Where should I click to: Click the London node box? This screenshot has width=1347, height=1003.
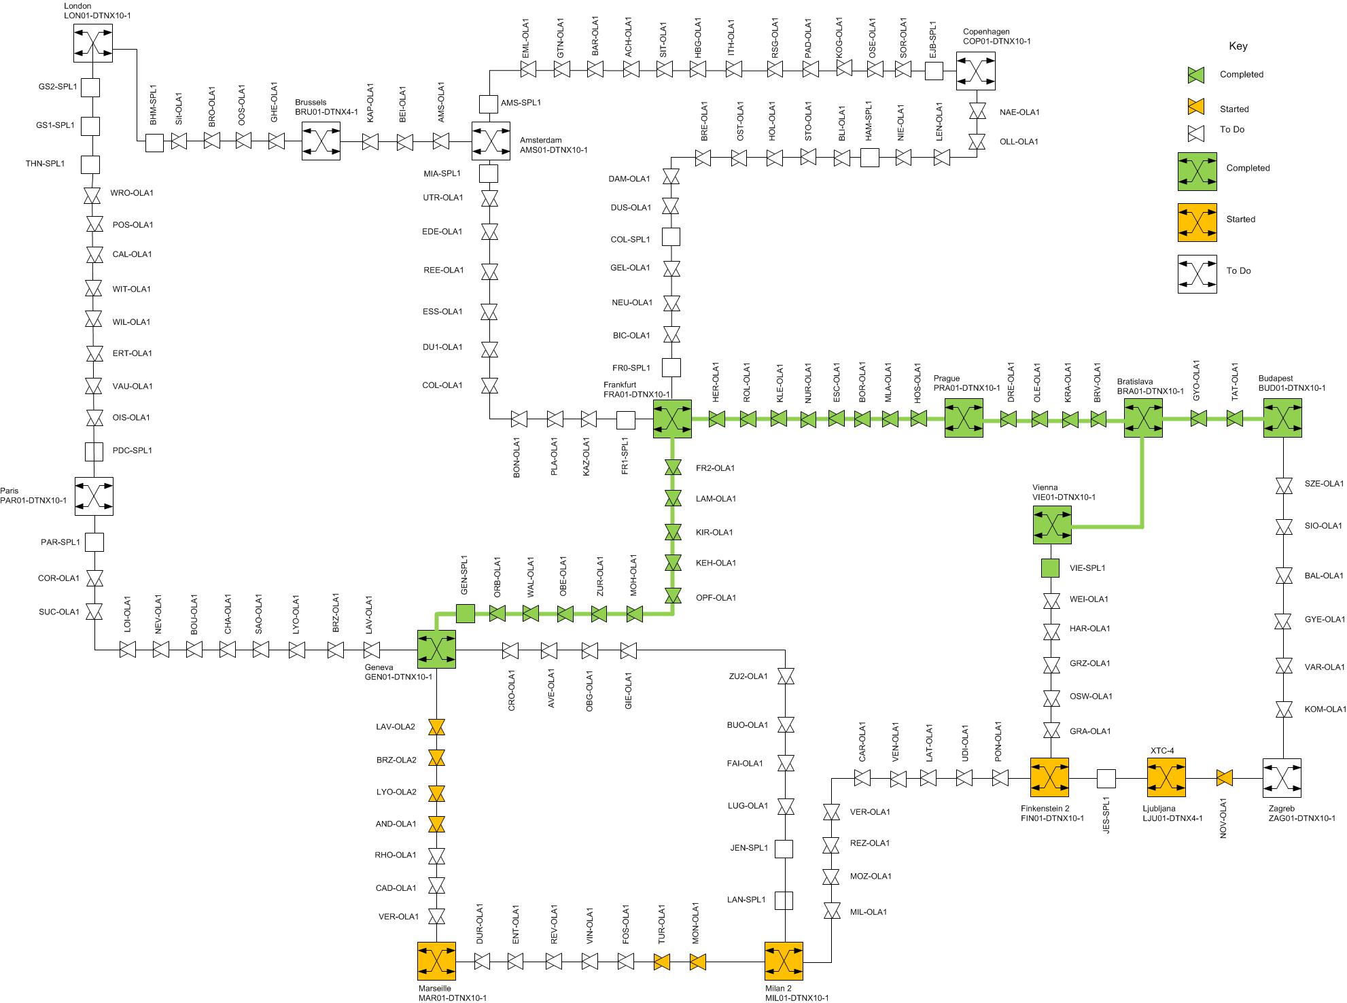point(93,43)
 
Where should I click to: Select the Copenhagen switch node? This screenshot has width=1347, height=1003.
point(976,71)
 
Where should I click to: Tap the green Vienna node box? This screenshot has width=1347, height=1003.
point(1052,525)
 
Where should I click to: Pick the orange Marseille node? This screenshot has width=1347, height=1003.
point(436,962)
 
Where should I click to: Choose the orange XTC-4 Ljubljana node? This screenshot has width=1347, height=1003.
point(1166,777)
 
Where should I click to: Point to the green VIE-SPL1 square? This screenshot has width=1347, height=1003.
point(1051,568)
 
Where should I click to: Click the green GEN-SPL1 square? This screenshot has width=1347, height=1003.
point(466,614)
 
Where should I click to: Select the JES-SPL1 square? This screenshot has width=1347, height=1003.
point(1106,778)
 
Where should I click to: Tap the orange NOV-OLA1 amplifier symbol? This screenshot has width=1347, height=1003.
point(1225,778)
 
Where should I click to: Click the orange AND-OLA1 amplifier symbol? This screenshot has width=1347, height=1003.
point(436,824)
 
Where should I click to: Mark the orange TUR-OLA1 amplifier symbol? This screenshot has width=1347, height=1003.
point(662,962)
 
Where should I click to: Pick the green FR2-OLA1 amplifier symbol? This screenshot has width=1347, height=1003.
point(673,468)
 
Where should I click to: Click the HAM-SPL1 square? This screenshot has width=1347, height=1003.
point(870,158)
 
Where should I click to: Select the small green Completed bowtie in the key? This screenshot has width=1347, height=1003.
point(1196,75)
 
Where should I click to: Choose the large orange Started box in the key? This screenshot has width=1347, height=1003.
point(1197,222)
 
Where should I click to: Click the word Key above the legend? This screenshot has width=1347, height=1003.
point(1238,46)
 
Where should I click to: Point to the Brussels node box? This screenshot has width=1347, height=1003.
point(321,141)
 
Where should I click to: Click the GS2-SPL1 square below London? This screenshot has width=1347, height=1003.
point(90,88)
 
